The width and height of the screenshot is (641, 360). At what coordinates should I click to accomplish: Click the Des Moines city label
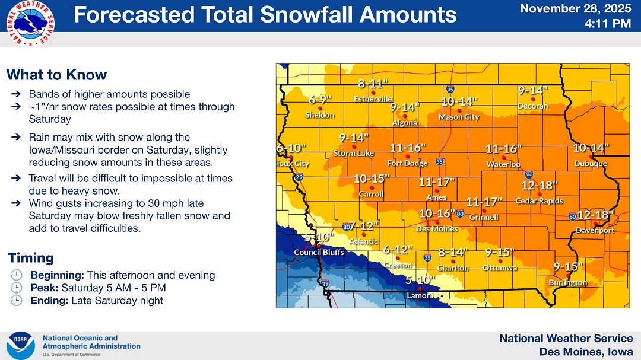(x=437, y=229)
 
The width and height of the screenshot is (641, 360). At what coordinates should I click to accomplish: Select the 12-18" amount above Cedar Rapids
(x=540, y=185)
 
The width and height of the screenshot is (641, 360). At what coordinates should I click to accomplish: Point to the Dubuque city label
(x=591, y=164)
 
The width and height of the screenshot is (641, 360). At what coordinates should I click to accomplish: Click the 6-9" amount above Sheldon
(x=320, y=100)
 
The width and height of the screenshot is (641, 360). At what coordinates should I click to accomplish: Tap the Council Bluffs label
(x=319, y=253)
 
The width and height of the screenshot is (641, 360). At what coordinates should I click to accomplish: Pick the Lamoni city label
(x=420, y=295)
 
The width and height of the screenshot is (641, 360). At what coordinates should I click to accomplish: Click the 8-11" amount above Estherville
(x=373, y=84)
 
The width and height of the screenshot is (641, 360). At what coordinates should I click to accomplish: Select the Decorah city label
(x=532, y=106)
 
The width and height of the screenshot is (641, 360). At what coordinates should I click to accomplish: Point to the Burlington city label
(x=567, y=283)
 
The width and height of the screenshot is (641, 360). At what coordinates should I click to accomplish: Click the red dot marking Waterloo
(x=503, y=158)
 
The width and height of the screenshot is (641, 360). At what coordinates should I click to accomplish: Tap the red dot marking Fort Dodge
(x=407, y=157)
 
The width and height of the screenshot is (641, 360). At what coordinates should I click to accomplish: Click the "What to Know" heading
(x=56, y=75)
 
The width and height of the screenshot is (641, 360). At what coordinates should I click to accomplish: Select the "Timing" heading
(x=31, y=258)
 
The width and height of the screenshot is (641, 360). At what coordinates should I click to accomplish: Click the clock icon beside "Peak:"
(x=17, y=288)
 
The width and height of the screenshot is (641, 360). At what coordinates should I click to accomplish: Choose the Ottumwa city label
(x=500, y=268)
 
